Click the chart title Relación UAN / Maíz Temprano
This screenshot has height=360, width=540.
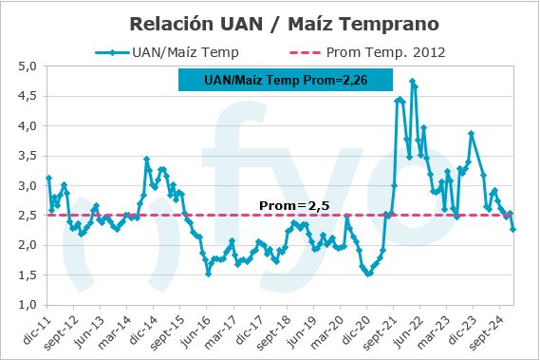pyautogui.click(x=270, y=20)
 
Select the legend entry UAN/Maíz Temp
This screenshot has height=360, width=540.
pyautogui.click(x=166, y=51)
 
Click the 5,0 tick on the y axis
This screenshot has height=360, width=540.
pyautogui.click(x=26, y=66)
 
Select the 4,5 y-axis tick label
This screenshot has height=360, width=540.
pyautogui.click(x=26, y=96)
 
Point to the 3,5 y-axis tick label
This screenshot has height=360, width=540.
pyautogui.click(x=26, y=156)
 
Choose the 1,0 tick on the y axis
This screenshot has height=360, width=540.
pyautogui.click(x=26, y=305)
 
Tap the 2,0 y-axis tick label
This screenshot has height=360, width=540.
pyautogui.click(x=26, y=245)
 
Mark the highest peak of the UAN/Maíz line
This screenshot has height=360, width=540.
pyautogui.click(x=412, y=82)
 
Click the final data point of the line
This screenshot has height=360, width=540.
pyautogui.click(x=513, y=229)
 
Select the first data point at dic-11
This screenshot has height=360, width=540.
pyautogui.click(x=48, y=178)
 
